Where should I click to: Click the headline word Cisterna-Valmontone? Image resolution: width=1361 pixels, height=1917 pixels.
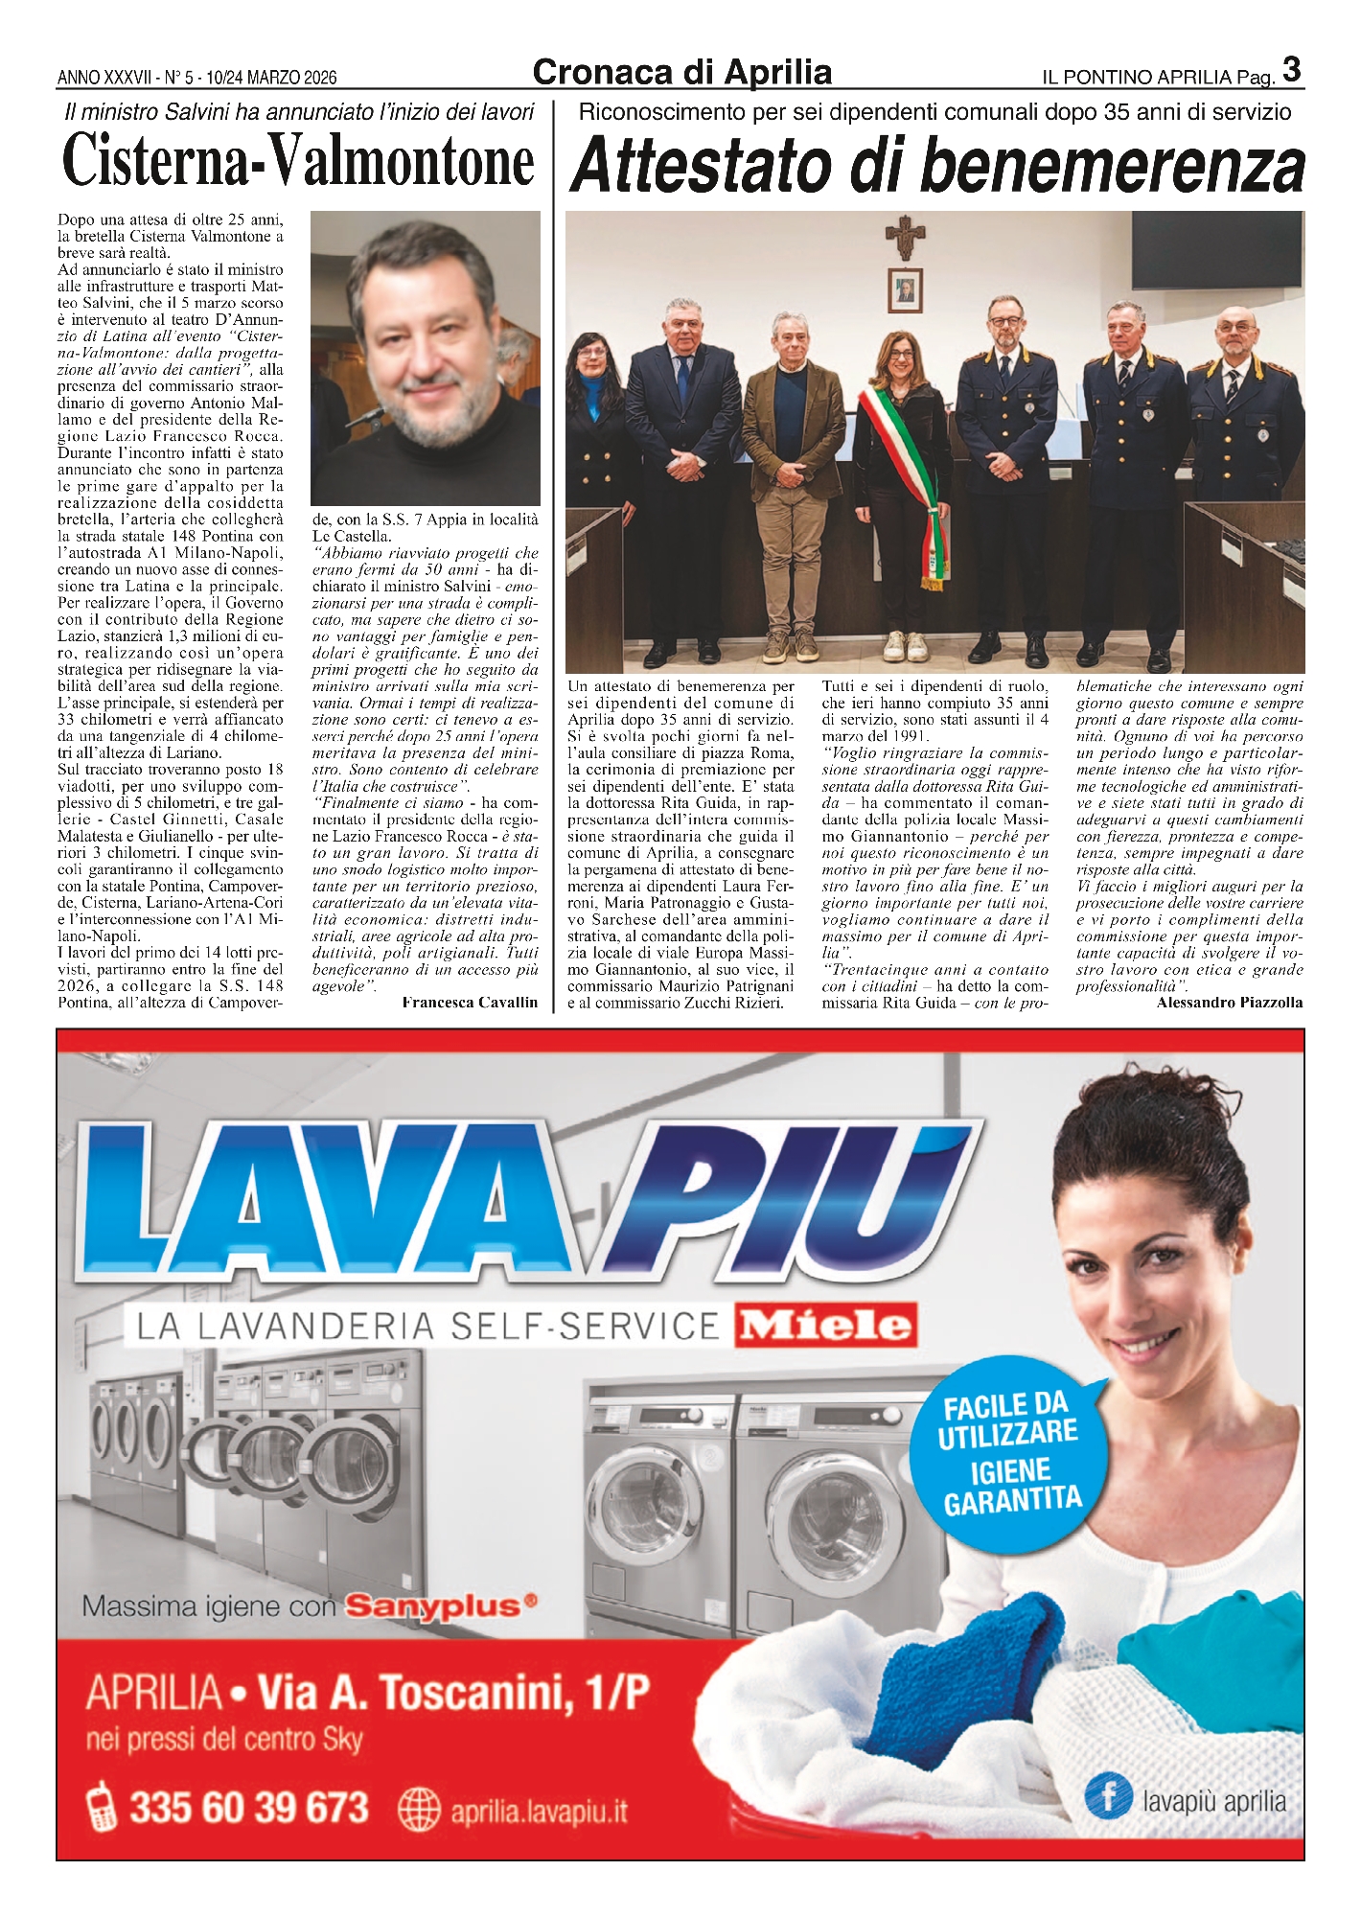298,161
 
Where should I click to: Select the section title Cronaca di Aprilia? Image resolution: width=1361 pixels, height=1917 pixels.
681,73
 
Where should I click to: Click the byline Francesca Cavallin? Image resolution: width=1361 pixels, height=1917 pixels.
470,1003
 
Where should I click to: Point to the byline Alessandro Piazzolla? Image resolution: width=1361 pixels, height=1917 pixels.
1229,1003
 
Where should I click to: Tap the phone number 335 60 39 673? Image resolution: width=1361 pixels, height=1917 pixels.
249,1809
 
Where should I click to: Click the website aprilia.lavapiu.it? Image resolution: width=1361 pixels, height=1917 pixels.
539,1812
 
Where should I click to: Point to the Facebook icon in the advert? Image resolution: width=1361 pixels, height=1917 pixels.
1109,1794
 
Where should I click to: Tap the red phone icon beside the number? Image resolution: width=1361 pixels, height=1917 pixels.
101,1809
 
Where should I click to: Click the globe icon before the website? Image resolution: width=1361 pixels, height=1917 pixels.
418,1810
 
